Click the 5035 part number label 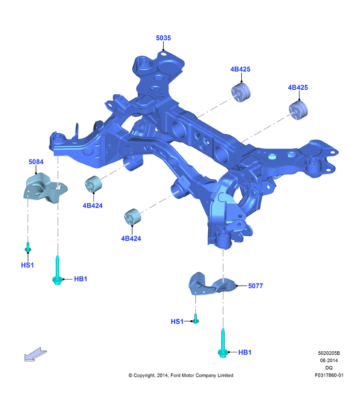(x=163, y=38)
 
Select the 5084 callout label (x=36, y=162)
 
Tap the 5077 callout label (x=255, y=286)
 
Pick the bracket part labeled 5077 (x=212, y=284)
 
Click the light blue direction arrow (x=35, y=354)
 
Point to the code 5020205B (x=329, y=353)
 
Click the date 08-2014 (x=329, y=361)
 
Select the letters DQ (x=329, y=368)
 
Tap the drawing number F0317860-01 (x=329, y=375)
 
